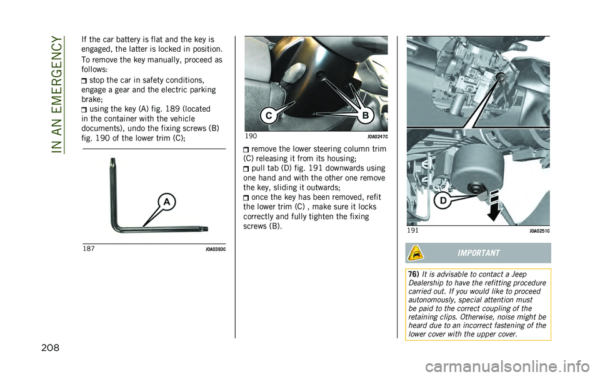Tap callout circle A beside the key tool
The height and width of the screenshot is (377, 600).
[167, 202]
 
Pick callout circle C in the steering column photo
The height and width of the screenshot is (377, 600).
[267, 115]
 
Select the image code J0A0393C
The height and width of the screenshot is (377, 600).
[215, 249]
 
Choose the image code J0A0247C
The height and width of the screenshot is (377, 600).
[377, 137]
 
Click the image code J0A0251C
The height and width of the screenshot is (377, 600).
[539, 231]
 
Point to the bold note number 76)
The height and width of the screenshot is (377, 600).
[413, 275]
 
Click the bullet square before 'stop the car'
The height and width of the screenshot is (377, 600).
[85, 81]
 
